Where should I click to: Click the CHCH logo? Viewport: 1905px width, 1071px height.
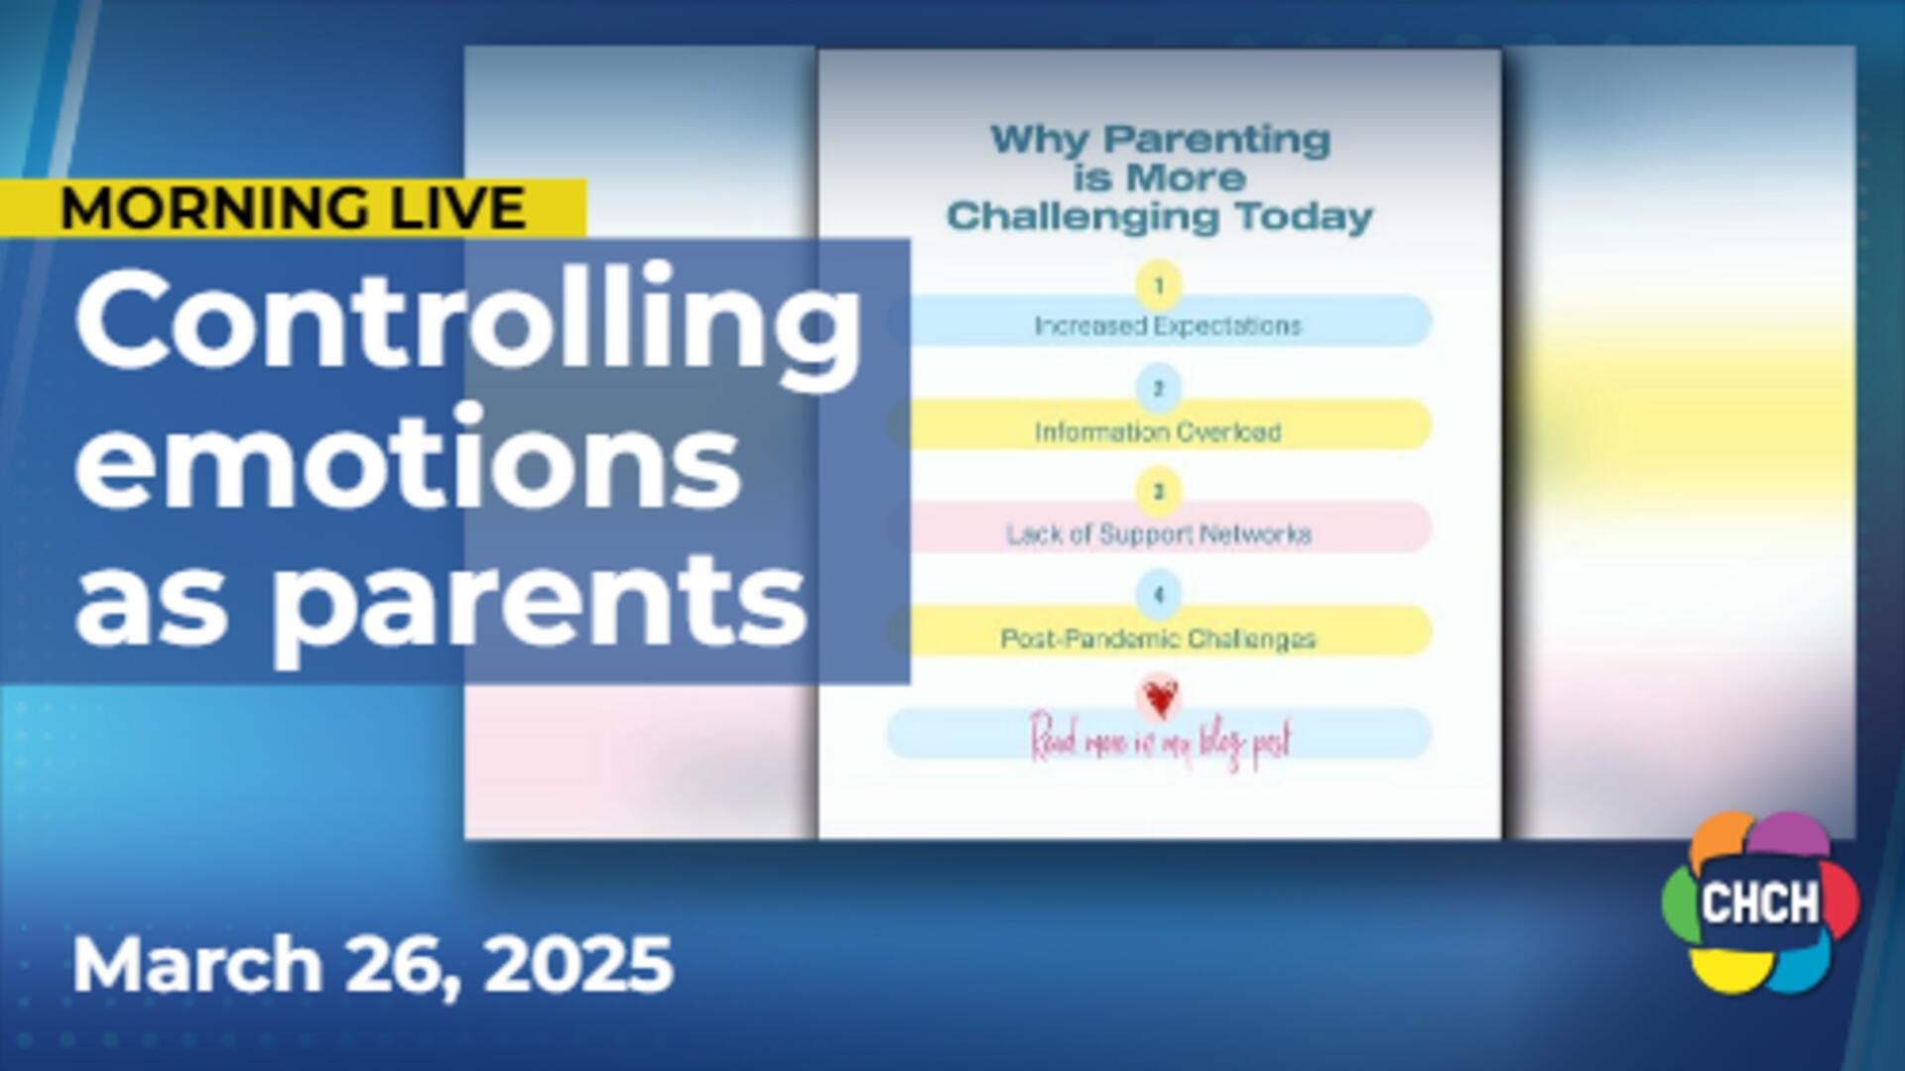(1760, 902)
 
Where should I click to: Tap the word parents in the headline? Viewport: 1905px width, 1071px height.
(541, 601)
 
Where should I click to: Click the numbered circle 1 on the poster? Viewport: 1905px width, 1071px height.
(1158, 286)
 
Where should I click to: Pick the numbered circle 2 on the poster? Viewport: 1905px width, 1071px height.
(1158, 389)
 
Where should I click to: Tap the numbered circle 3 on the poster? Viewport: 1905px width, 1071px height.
(1158, 492)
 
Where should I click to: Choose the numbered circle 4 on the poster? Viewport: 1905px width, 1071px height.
(1158, 595)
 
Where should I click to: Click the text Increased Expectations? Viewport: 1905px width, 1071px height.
(1167, 326)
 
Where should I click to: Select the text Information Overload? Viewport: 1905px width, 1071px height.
(1158, 432)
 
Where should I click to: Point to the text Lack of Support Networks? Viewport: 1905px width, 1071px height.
(1158, 535)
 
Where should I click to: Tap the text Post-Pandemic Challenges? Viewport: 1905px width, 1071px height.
(1158, 639)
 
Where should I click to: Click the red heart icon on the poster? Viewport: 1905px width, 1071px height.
(1158, 698)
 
